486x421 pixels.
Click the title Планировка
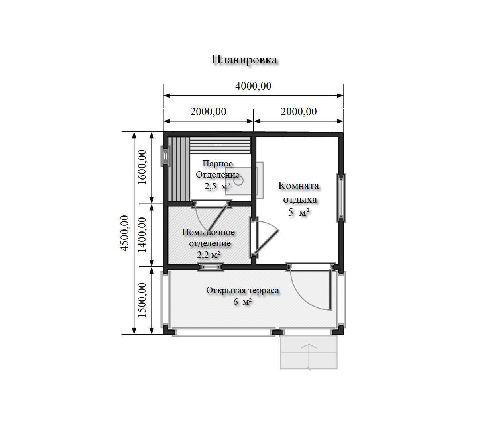244,60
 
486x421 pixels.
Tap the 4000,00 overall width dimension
253,86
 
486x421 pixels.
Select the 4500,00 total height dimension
125,233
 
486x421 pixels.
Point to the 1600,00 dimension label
142,167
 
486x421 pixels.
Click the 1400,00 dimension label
142,235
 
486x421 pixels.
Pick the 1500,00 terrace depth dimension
142,300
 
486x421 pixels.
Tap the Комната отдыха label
299,193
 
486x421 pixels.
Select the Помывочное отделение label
209,237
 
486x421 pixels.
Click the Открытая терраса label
242,290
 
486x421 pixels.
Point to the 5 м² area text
299,212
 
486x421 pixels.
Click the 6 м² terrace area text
242,302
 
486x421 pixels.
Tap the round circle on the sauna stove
238,181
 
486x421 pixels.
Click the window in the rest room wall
341,197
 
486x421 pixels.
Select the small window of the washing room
211,267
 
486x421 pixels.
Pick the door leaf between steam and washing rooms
217,218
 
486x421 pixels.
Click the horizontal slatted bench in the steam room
220,146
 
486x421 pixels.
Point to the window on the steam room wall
166,157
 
